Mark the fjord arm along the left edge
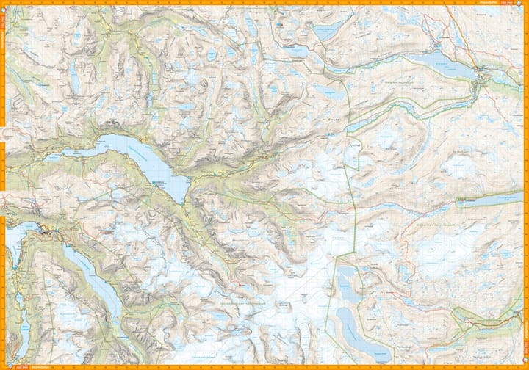point(10,250)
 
